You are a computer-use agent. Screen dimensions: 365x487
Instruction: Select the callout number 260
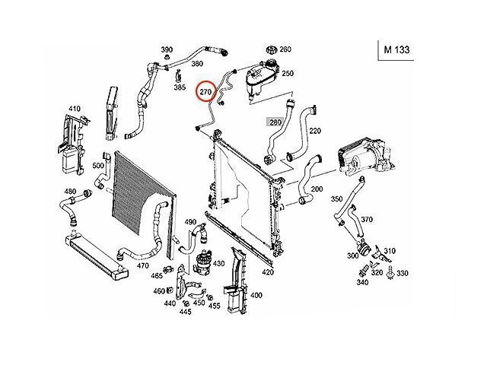pyautogui.click(x=285, y=49)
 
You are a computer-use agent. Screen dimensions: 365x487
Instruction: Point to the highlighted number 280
pyautogui.click(x=274, y=122)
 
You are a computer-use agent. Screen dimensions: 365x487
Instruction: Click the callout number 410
pyautogui.click(x=74, y=109)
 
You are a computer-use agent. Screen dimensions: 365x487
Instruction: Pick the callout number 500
pyautogui.click(x=98, y=165)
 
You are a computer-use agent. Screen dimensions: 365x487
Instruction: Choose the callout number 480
pyautogui.click(x=70, y=191)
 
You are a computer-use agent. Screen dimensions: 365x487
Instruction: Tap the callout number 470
pyautogui.click(x=142, y=266)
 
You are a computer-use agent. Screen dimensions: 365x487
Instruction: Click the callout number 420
pyautogui.click(x=267, y=271)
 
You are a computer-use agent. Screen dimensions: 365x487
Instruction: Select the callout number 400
pyautogui.click(x=256, y=295)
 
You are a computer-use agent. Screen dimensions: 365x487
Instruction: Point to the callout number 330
pyautogui.click(x=403, y=273)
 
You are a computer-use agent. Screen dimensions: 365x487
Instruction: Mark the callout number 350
pyautogui.click(x=337, y=198)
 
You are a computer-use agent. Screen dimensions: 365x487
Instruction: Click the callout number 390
pyautogui.click(x=167, y=50)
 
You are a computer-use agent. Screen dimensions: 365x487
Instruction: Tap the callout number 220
pyautogui.click(x=315, y=131)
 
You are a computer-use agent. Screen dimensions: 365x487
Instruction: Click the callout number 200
pyautogui.click(x=317, y=189)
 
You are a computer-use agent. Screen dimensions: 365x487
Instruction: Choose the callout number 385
pyautogui.click(x=180, y=87)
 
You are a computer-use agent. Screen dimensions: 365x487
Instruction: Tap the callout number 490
pyautogui.click(x=190, y=221)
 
